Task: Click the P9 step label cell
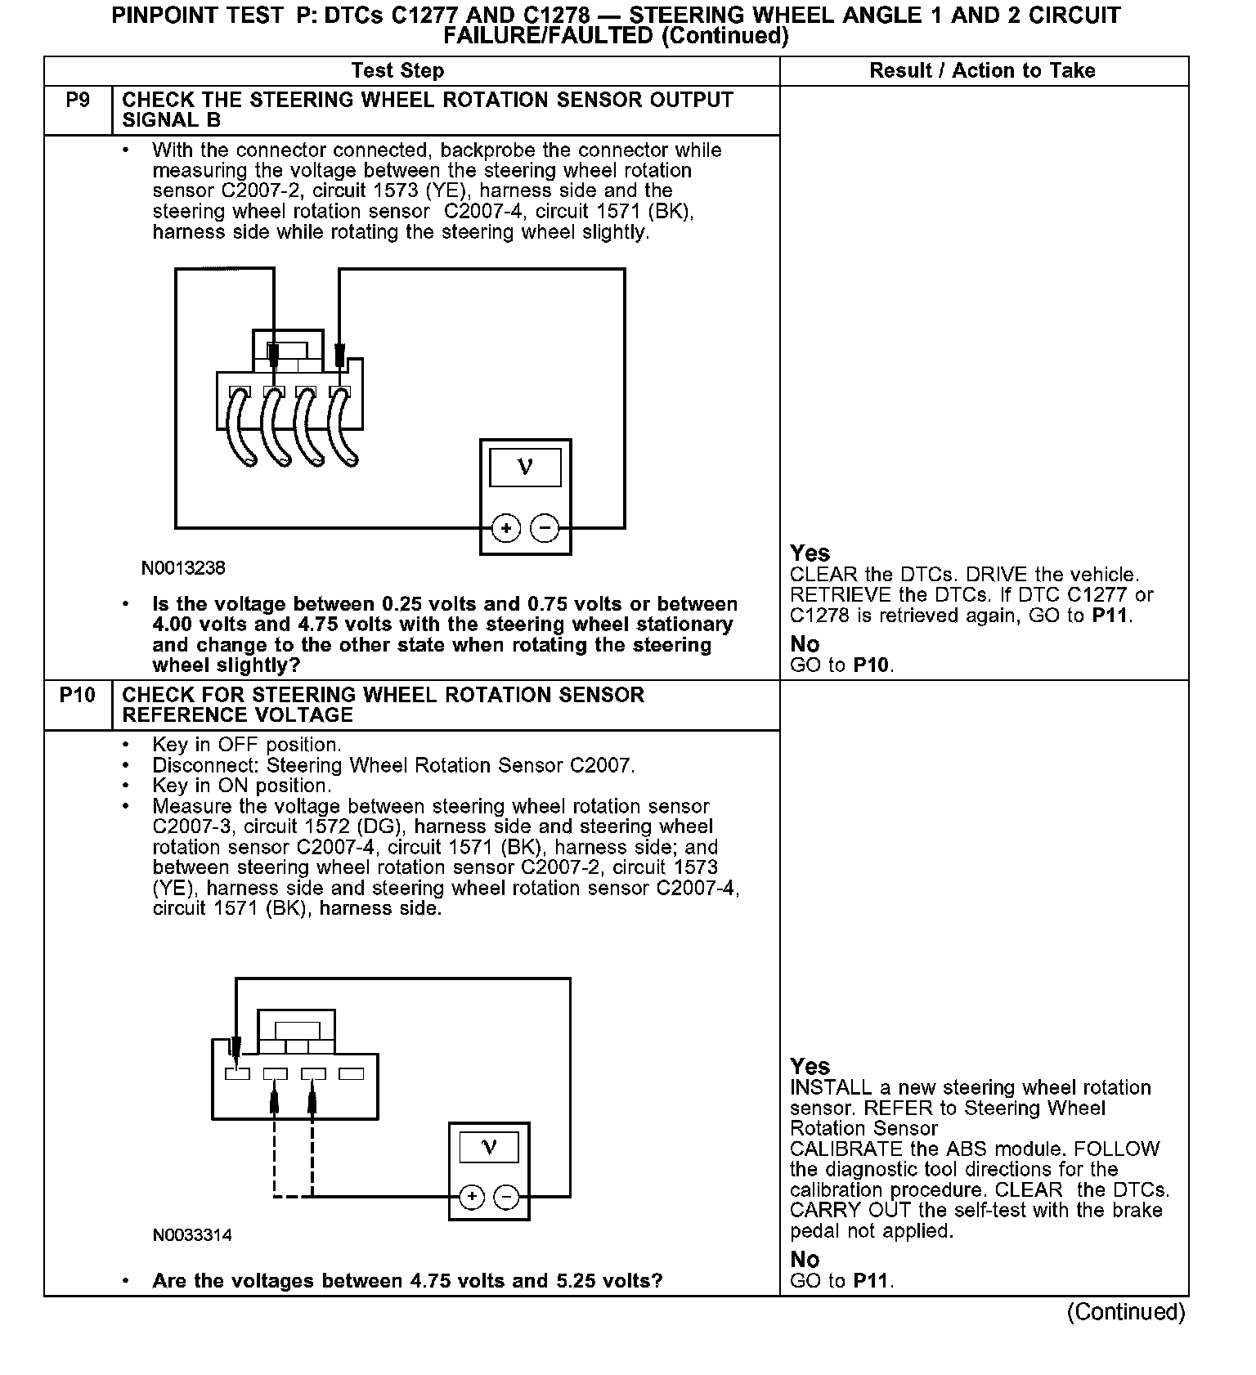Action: [x=78, y=101]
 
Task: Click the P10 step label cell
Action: [x=78, y=696]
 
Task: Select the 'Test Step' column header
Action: [x=397, y=71]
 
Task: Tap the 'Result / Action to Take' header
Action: [x=982, y=71]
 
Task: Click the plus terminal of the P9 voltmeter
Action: [x=506, y=528]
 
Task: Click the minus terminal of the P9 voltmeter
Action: [x=545, y=528]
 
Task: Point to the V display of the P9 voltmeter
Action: [x=525, y=468]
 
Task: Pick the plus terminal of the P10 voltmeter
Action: [x=472, y=1198]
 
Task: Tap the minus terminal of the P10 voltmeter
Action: [x=507, y=1198]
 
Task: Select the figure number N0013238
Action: [x=183, y=568]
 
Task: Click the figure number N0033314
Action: [x=192, y=1235]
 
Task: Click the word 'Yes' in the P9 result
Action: [x=810, y=553]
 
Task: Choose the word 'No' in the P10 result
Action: [x=805, y=1260]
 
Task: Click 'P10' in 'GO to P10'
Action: [x=871, y=665]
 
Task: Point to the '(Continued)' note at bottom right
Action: [x=1125, y=1312]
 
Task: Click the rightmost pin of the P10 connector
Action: [x=351, y=1074]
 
